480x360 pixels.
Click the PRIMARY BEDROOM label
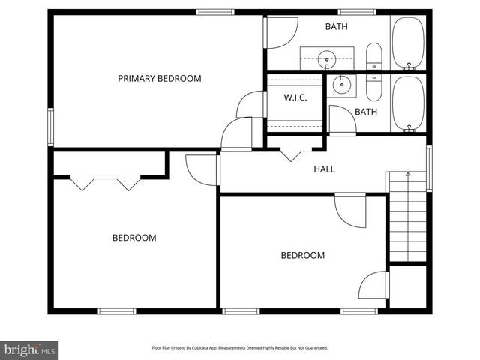pos(159,78)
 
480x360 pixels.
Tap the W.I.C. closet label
pos(295,97)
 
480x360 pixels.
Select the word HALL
pos(324,169)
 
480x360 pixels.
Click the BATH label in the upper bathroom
pos(336,27)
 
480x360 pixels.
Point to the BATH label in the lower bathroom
pos(366,112)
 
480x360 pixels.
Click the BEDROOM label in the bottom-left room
pos(134,238)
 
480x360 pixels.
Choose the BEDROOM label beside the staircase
pos(302,255)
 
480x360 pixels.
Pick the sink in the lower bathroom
pos(344,85)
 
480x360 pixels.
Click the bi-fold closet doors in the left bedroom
pos(105,181)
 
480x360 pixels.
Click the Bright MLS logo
pos(30,349)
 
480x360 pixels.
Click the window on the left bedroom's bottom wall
pos(116,310)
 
